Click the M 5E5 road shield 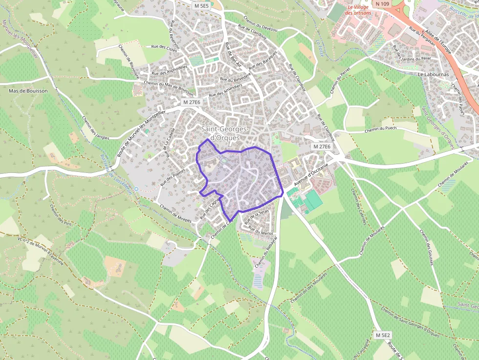[x=201, y=6]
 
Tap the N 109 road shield [x=383, y=4]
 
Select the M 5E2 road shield [x=383, y=335]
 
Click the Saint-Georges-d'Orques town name [x=225, y=133]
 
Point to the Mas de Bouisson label [x=28, y=91]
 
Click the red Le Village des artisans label [x=358, y=10]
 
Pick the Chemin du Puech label [x=380, y=129]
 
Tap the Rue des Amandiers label [x=225, y=91]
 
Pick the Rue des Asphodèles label [x=170, y=70]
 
